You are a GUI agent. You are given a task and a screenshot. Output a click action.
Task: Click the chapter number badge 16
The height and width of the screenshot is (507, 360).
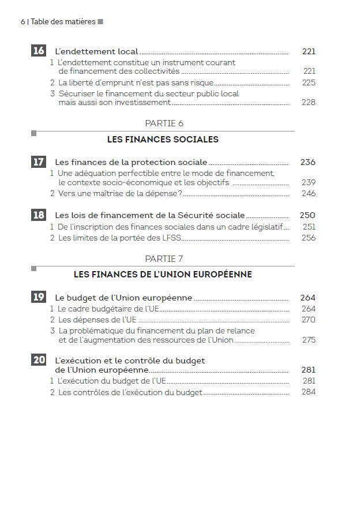[x=38, y=51]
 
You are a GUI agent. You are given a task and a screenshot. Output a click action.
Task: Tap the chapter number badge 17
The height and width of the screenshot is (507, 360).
[x=38, y=162]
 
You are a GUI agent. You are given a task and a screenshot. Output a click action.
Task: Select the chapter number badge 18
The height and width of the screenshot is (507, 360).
[x=38, y=215]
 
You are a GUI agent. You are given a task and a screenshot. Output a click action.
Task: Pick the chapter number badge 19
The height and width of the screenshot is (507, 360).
[x=38, y=297]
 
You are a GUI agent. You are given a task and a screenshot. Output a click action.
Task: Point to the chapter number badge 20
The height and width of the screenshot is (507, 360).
[x=38, y=360]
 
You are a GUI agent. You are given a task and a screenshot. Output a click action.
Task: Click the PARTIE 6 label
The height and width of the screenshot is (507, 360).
[x=164, y=123]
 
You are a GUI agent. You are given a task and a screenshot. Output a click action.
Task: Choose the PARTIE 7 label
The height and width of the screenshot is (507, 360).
[x=164, y=258]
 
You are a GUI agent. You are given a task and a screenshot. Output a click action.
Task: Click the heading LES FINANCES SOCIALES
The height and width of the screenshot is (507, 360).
[x=163, y=140]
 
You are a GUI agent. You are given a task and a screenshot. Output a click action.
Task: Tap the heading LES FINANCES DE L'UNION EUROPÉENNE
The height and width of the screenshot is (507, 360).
[x=163, y=275]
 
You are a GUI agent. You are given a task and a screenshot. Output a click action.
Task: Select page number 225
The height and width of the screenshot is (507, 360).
[x=309, y=83]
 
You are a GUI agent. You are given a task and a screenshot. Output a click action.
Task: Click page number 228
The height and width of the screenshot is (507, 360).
[x=309, y=103]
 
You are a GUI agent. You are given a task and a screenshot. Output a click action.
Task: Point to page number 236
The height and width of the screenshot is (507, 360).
[x=308, y=163]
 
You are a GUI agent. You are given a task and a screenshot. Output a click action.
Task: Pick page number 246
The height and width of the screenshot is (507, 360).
[x=309, y=193]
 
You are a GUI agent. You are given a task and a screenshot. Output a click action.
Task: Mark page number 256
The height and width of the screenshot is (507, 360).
[x=309, y=238]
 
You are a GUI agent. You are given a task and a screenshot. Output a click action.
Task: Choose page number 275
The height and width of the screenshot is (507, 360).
[x=309, y=340]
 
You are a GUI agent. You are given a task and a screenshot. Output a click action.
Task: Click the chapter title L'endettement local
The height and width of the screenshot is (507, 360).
[x=96, y=51]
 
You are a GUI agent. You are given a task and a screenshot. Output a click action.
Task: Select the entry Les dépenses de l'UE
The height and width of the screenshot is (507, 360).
[x=97, y=320]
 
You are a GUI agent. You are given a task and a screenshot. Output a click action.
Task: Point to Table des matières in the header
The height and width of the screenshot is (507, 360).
[x=63, y=22]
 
